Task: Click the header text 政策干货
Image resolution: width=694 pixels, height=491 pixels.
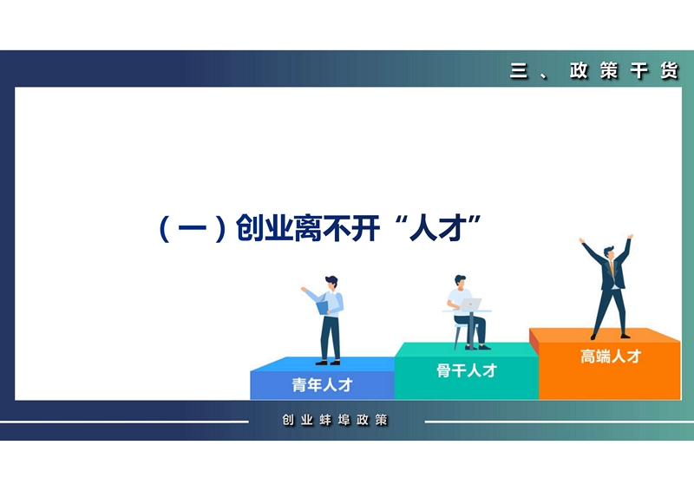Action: point(624,70)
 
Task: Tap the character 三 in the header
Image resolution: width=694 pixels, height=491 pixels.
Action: point(519,70)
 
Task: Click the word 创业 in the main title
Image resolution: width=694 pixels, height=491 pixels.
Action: point(265,228)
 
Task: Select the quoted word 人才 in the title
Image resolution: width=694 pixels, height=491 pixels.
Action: point(437,228)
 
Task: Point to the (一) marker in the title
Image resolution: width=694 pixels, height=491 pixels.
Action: point(193,228)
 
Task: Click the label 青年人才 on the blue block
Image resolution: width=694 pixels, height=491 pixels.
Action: point(322,385)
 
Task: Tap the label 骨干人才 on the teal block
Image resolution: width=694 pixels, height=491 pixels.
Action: point(467,370)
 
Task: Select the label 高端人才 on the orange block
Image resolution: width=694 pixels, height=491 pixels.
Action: point(611,356)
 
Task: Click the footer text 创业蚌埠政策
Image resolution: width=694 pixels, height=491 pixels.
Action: point(335,420)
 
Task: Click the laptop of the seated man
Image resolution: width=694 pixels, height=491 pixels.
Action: point(470,304)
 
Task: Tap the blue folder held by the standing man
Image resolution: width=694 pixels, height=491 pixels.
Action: point(323,307)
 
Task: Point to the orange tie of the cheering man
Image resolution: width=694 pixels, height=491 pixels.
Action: point(612,268)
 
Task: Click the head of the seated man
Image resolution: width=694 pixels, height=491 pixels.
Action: point(460,281)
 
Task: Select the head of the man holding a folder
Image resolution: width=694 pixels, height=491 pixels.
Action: point(331,282)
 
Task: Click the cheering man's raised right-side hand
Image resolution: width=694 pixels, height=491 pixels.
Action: point(630,237)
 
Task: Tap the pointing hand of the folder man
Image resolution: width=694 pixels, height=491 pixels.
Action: point(304,289)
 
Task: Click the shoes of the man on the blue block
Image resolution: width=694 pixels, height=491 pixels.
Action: point(328,363)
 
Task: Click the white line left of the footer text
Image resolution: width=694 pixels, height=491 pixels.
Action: point(124,422)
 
